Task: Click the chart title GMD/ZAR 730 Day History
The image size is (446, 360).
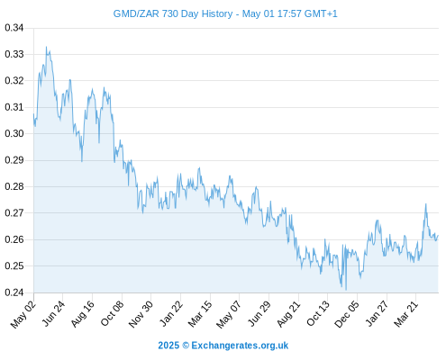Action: click(173, 13)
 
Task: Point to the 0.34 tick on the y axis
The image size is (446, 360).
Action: click(14, 28)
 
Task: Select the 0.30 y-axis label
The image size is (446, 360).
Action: click(14, 133)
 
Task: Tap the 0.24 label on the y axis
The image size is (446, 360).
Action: click(14, 292)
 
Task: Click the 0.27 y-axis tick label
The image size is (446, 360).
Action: click(14, 213)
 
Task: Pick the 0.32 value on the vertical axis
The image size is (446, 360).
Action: click(14, 81)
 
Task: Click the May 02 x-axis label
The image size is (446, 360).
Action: click(23, 314)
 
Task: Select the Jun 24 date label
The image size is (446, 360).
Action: click(53, 314)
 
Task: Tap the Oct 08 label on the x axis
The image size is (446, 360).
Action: click(112, 314)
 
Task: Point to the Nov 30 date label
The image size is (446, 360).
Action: click(141, 314)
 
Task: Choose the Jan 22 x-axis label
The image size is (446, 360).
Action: click(171, 314)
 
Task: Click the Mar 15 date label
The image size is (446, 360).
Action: click(200, 314)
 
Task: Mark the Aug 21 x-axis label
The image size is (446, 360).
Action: click(288, 314)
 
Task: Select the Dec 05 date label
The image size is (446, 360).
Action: click(347, 314)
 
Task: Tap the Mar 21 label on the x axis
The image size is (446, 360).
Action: click(406, 314)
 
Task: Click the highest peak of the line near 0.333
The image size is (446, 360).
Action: click(46, 47)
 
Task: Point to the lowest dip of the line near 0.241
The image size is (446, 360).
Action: click(346, 290)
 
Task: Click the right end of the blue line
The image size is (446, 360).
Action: click(438, 236)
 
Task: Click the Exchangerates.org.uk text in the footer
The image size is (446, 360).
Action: click(240, 346)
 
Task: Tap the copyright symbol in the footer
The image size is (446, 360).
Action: click(186, 346)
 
